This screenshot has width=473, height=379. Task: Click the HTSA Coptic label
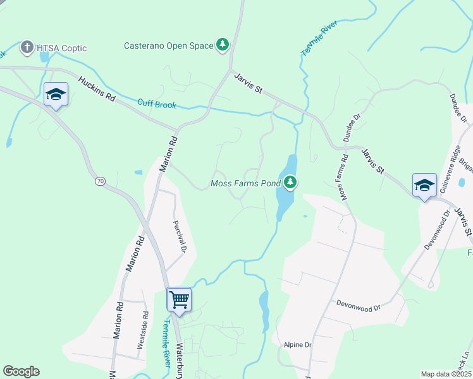62,48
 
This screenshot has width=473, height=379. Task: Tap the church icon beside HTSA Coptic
27,47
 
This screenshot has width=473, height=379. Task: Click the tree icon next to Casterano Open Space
222,44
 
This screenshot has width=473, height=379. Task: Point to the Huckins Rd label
97,89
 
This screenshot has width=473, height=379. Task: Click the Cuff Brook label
156,104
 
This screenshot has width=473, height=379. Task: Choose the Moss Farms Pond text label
245,184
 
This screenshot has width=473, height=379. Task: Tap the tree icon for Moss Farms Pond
290,183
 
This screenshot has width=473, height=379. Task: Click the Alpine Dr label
298,345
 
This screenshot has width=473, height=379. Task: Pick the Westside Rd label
144,330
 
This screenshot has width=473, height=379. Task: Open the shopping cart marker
179,299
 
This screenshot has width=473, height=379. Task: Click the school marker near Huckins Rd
56,95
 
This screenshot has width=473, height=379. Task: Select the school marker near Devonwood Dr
424,185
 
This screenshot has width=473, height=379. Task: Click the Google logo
21,371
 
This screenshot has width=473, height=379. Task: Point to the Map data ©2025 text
446,374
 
